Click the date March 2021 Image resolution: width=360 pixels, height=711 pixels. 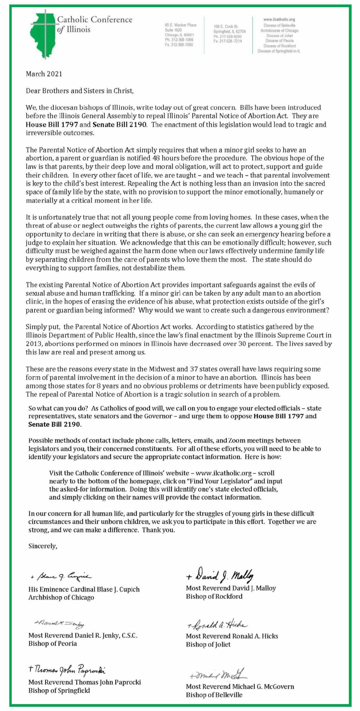click(x=44, y=74)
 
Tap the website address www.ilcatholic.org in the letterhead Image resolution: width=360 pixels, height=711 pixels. click(x=279, y=20)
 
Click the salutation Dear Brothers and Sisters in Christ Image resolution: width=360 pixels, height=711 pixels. click(x=79, y=91)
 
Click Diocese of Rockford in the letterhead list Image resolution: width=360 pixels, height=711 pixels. click(x=279, y=46)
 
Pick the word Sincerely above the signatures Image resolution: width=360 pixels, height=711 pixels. click(x=43, y=546)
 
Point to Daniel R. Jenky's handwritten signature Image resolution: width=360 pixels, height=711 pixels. click(x=60, y=624)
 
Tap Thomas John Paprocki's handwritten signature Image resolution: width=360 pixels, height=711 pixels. click(x=67, y=669)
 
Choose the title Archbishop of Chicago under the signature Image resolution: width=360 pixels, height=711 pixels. click(x=61, y=597)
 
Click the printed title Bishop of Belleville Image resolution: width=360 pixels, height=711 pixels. click(x=214, y=695)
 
